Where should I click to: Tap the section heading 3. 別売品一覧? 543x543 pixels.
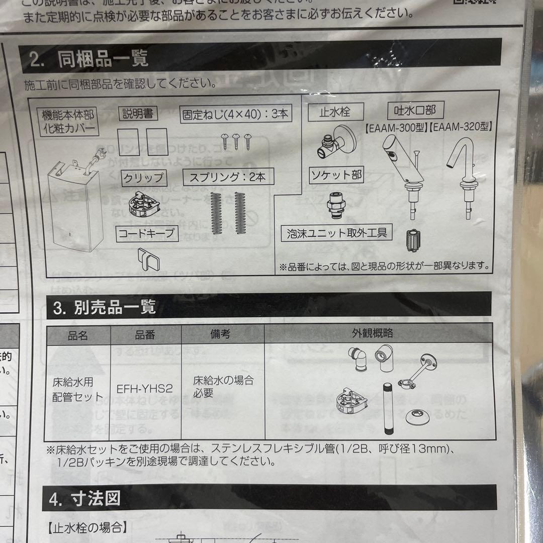[105, 307]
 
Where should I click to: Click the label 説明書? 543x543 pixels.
[138, 114]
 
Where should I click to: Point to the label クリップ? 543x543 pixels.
[143, 177]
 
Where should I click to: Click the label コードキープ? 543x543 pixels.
[148, 233]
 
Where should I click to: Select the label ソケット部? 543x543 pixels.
[335, 175]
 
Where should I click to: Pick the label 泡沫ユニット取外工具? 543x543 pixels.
[337, 233]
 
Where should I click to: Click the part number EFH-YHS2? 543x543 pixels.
[145, 388]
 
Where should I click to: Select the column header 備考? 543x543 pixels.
[220, 333]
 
